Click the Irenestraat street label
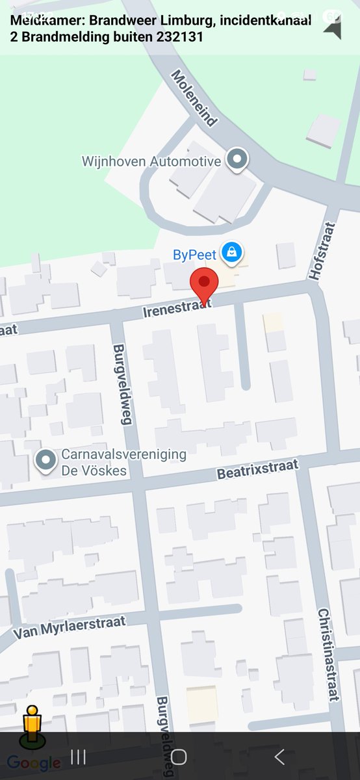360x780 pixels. tap(177, 308)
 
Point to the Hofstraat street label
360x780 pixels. tap(323, 252)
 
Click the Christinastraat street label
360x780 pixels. tap(328, 655)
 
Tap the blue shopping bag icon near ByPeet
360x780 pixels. tap(231, 252)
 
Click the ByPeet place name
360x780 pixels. tap(194, 255)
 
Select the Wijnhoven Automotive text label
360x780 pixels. tap(151, 161)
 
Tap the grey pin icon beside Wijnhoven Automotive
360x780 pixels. tap(237, 159)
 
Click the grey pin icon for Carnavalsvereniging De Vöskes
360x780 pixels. tap(45, 460)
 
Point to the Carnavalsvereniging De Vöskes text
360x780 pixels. tap(123, 462)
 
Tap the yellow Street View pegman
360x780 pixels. tap(31, 724)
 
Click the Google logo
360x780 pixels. tap(34, 762)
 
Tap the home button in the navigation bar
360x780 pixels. tap(179, 757)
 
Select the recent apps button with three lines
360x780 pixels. tap(78, 757)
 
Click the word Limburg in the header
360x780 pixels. tap(188, 21)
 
